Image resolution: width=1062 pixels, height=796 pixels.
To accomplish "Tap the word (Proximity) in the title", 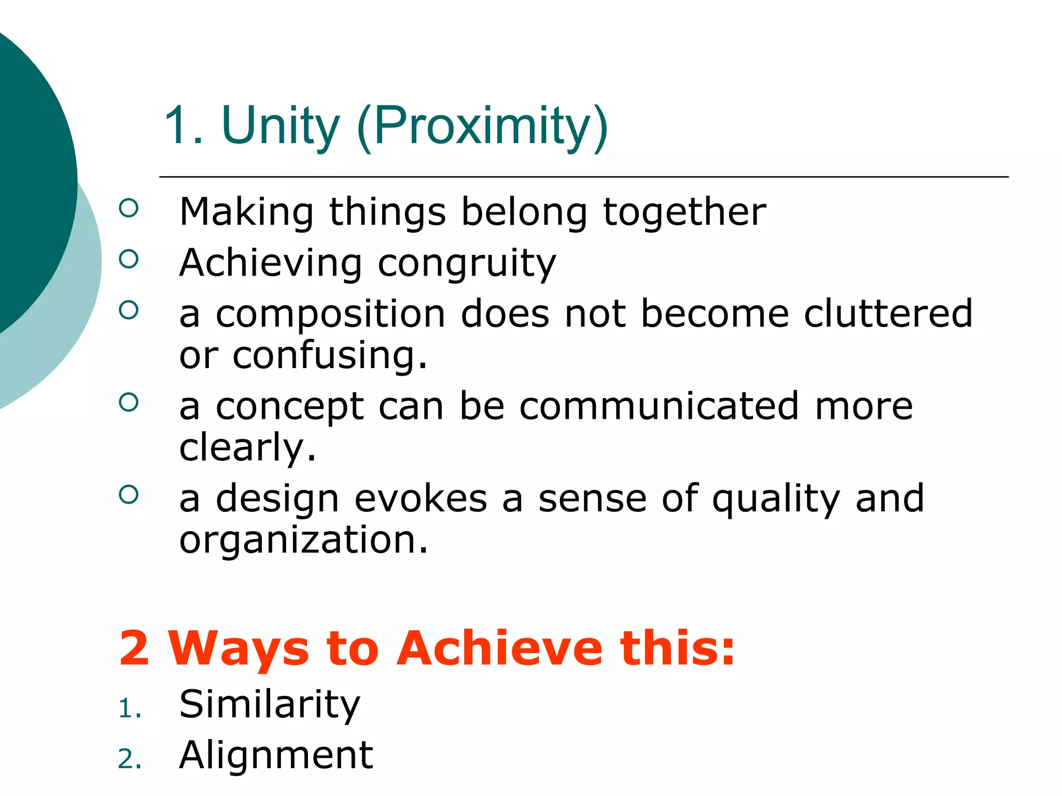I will (482, 127).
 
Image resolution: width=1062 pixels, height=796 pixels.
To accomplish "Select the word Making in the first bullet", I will (246, 212).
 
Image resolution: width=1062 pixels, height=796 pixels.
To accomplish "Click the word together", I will (684, 212).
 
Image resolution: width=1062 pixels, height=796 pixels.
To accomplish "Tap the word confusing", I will (330, 356).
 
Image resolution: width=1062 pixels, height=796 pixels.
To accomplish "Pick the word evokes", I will (421, 499).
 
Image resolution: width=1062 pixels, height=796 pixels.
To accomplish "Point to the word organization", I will (304, 540).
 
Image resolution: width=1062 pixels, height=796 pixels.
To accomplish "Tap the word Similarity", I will (269, 705).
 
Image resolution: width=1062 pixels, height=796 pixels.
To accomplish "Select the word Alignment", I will (276, 756).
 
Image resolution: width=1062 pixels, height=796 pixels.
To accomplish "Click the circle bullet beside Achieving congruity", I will (129, 259).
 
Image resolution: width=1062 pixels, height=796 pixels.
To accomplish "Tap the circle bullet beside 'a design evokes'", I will (129, 494).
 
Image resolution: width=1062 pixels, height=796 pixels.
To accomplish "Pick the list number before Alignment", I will (129, 760).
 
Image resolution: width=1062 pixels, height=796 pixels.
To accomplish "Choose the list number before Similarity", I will (129, 709).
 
